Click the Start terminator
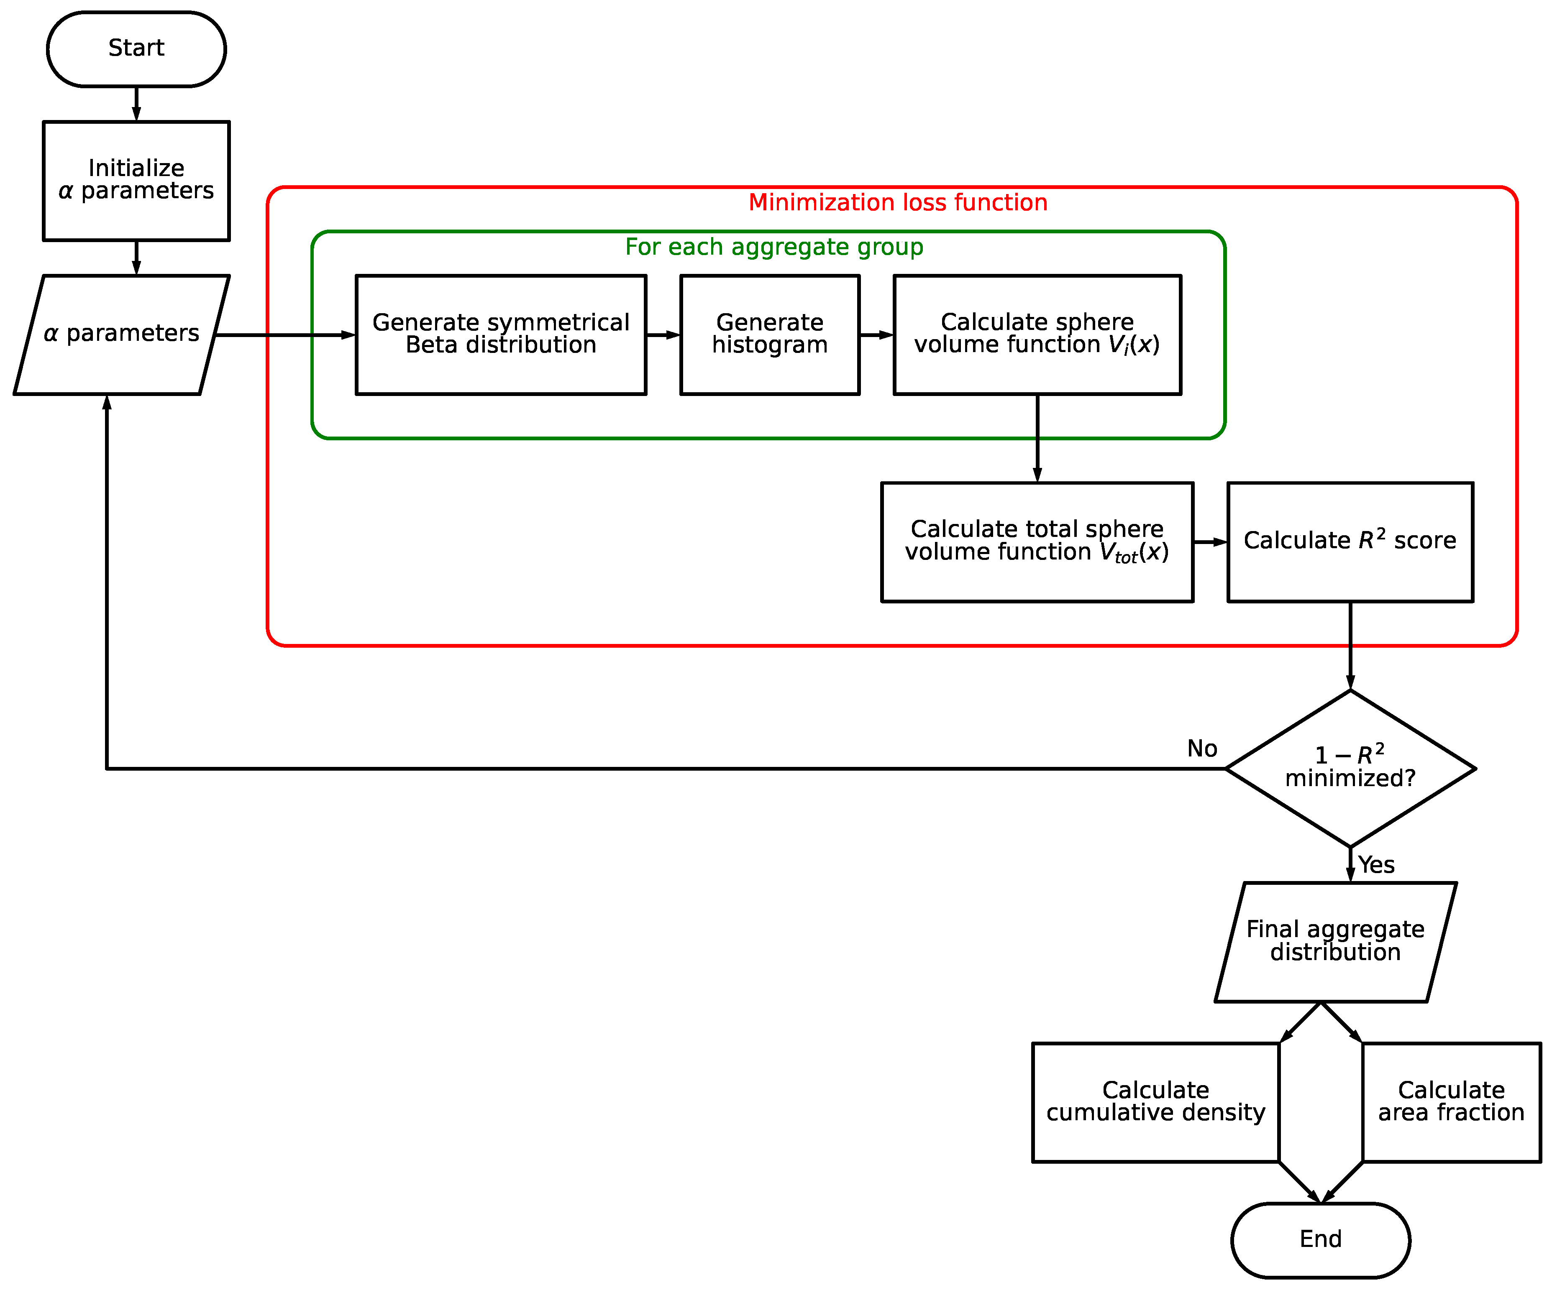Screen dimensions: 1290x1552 [136, 49]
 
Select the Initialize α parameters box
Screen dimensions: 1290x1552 [136, 180]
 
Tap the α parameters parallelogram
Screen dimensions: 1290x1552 [121, 334]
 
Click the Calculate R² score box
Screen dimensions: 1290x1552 [1350, 542]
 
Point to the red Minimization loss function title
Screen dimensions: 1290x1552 [897, 202]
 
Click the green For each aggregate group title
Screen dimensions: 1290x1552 [774, 247]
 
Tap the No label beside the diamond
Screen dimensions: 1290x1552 [1202, 748]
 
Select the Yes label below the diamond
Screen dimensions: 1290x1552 [1376, 864]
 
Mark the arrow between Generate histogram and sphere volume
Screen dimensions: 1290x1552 [876, 335]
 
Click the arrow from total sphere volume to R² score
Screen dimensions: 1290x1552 [1210, 542]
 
